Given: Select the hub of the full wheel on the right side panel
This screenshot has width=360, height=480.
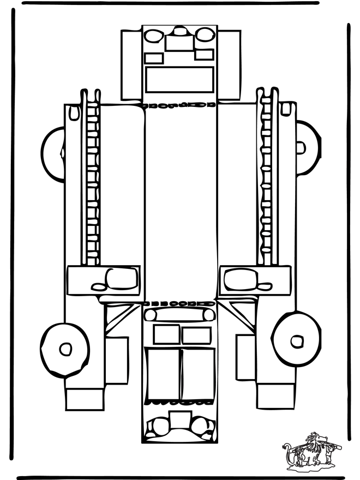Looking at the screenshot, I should [296, 341].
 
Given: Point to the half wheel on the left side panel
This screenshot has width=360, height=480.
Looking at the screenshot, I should [52, 149].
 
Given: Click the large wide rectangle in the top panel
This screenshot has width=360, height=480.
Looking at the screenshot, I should [179, 80].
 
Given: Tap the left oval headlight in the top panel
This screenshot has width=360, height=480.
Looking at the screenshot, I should [153, 35].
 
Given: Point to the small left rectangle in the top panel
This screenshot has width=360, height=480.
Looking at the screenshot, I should [154, 58].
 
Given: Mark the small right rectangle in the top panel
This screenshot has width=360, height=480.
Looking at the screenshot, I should [204, 55].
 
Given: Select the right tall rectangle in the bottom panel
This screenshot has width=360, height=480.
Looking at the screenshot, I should [197, 374].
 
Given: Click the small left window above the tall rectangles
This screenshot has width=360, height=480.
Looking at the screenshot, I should [166, 334].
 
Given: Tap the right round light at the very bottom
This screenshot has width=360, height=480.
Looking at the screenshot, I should [202, 425].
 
